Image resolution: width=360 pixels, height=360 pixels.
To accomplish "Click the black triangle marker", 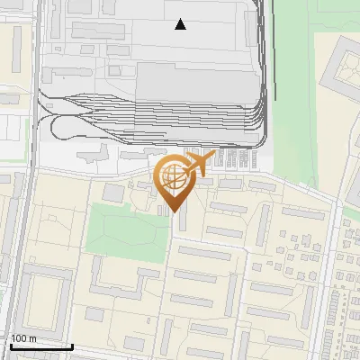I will point(181,24).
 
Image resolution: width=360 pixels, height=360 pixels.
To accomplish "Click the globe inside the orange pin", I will point(174,178).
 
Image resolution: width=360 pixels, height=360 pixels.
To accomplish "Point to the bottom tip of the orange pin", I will point(174,212).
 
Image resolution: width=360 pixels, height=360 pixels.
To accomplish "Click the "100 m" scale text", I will point(23,337).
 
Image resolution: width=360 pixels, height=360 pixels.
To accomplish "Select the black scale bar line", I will point(40,346).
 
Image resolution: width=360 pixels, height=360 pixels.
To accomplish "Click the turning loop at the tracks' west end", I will point(52,126).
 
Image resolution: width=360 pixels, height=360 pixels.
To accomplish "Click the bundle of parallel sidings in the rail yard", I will point(180,112).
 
